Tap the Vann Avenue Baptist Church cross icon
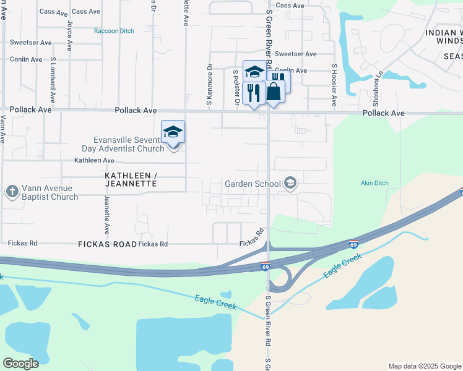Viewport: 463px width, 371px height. coord(12,192)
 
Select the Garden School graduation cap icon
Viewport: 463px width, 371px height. coord(290,183)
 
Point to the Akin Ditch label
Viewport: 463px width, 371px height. coord(374,183)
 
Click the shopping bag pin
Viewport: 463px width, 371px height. coord(274,92)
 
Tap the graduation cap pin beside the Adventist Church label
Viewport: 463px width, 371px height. coord(173,132)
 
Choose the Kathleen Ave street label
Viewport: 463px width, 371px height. coord(94,160)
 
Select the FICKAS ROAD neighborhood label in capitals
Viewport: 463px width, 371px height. coord(107,244)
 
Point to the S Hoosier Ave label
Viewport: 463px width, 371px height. coord(334,85)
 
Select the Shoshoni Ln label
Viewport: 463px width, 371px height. coord(375,87)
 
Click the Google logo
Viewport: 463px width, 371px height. coord(21,363)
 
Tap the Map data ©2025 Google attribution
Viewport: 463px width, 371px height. coord(424,366)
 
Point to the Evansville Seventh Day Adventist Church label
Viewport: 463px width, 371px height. coord(124,143)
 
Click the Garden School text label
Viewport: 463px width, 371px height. coord(253,184)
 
